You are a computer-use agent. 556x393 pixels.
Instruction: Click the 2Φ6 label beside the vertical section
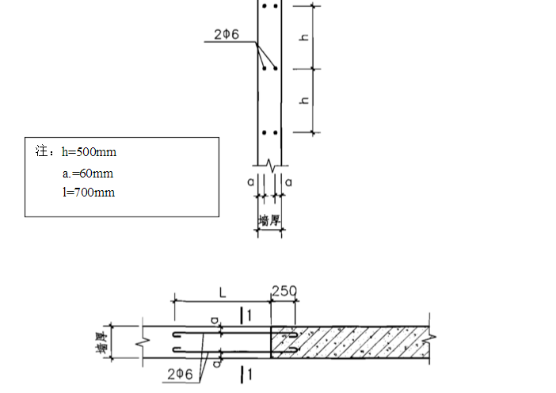[227, 34]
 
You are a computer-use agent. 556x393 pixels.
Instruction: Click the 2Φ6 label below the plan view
[180, 374]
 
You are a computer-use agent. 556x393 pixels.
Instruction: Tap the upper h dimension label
[304, 37]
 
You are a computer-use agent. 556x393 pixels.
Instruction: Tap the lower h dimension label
[304, 101]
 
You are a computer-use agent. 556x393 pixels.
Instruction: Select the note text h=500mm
[89, 152]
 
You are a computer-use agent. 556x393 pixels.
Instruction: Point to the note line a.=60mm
[88, 174]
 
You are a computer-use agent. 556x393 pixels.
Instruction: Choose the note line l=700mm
[89, 193]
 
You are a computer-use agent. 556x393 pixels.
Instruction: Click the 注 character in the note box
[41, 151]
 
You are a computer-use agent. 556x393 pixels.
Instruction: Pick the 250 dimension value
[284, 292]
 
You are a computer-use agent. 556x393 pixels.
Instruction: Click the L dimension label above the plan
[223, 293]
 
